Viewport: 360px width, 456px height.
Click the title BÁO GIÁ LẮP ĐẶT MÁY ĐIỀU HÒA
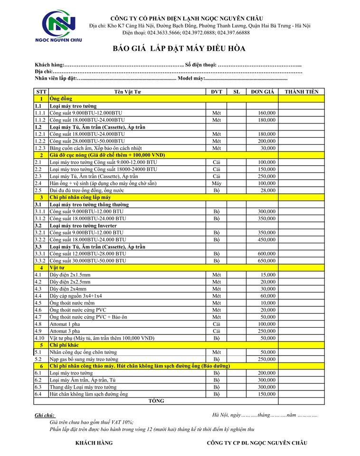click(x=179, y=48)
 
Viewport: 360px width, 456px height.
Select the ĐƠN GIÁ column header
click(x=261, y=92)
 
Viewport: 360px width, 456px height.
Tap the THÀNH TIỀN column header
click(x=302, y=92)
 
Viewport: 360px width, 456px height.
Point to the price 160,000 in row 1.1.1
click(x=267, y=113)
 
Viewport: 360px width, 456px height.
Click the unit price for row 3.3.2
click(x=267, y=261)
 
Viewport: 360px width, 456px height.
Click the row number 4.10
click(x=39, y=338)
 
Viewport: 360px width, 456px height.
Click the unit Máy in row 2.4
click(x=217, y=183)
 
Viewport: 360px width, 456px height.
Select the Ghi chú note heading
click(x=45, y=415)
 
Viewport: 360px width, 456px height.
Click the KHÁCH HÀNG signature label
click(x=94, y=443)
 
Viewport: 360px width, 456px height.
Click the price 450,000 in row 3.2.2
click(x=267, y=240)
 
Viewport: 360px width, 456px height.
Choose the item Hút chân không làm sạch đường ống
click(x=89, y=394)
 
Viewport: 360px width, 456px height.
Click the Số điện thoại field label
click(x=201, y=65)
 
